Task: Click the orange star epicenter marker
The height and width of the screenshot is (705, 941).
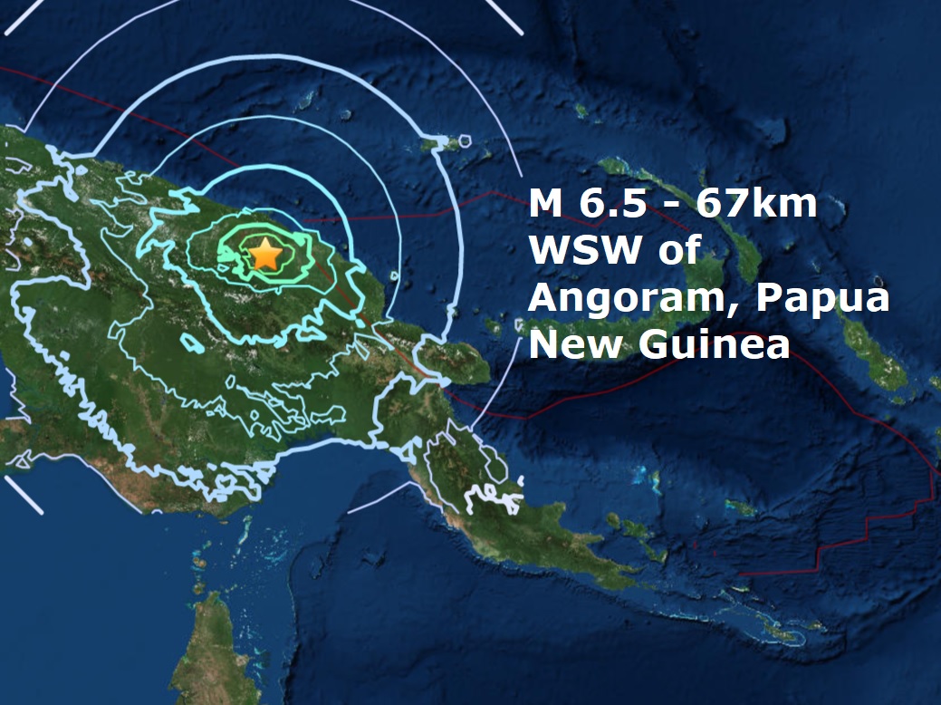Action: tap(264, 254)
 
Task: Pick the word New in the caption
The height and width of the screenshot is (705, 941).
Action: tap(570, 344)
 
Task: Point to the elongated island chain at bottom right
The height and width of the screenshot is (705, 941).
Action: tap(779, 625)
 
